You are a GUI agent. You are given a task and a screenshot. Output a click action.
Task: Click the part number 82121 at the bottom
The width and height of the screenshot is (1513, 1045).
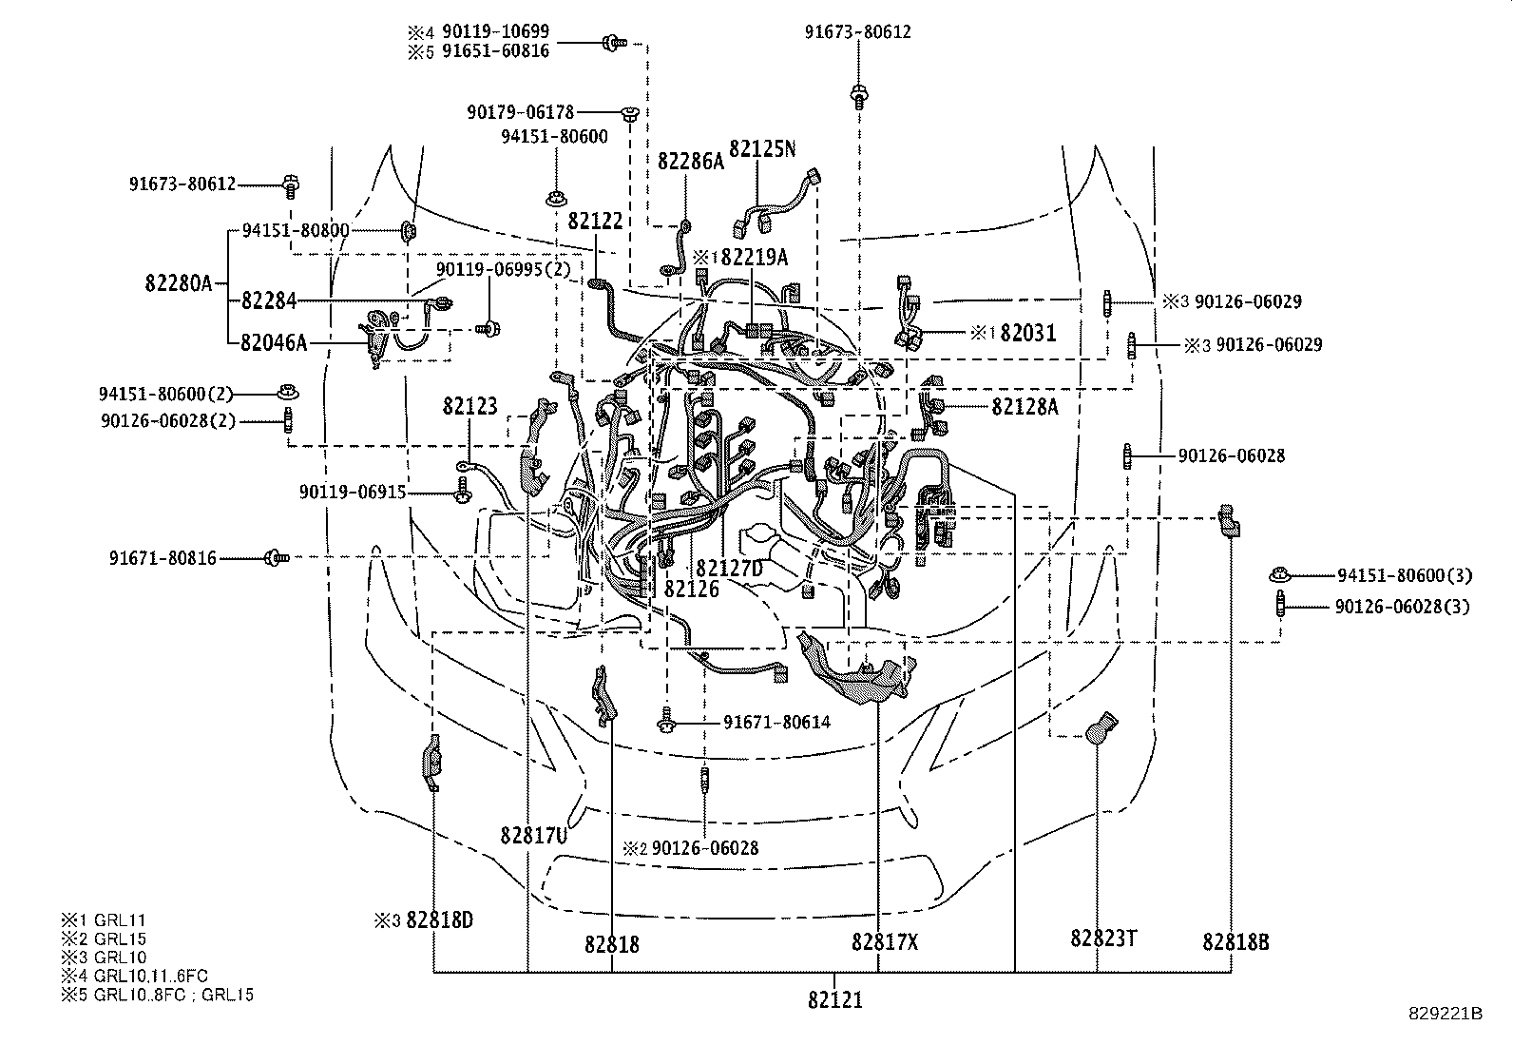tap(836, 1000)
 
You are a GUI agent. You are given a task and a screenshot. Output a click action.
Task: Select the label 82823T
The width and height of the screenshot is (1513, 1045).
tap(1103, 939)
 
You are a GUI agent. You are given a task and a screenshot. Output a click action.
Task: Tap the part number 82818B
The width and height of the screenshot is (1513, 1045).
tap(1235, 941)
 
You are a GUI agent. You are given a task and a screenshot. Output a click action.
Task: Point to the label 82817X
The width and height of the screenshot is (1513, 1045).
tap(886, 941)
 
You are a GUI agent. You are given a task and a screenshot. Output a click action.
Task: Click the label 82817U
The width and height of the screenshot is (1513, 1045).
tap(534, 835)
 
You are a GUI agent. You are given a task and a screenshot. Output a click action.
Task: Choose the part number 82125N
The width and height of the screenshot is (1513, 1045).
tap(762, 149)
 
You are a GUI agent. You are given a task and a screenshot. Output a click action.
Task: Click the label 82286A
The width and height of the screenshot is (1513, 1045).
tap(690, 161)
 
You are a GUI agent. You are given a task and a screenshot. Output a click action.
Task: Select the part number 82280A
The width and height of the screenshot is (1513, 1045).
tap(179, 282)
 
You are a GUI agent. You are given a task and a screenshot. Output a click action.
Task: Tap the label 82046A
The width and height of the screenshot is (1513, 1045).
tap(274, 342)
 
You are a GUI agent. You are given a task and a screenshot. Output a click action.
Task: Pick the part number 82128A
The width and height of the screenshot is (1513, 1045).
tap(1025, 406)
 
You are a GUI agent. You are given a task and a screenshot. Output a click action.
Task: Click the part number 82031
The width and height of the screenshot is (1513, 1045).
tap(1028, 333)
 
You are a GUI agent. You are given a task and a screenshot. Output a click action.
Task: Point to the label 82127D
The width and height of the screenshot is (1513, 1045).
tap(729, 568)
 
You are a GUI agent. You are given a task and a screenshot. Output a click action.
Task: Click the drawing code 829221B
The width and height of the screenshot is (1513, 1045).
tap(1446, 1014)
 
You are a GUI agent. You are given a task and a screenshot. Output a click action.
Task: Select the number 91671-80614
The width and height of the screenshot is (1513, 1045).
tap(776, 722)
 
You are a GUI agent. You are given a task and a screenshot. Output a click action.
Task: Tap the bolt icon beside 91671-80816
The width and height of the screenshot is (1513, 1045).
tap(276, 557)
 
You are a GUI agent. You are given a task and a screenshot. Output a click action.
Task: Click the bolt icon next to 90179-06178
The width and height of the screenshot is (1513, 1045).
tap(629, 114)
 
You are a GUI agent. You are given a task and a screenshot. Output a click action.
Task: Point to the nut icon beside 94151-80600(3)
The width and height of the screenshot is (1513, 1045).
tap(1279, 574)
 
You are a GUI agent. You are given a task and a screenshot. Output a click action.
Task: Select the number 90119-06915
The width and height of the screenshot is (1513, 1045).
tap(353, 492)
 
